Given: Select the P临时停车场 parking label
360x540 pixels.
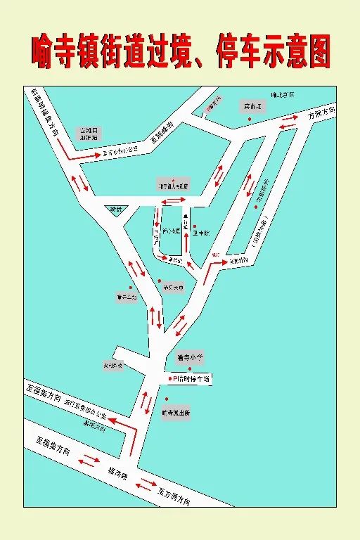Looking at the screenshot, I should click(191, 378).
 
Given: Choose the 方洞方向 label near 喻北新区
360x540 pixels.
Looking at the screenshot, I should click(322, 113).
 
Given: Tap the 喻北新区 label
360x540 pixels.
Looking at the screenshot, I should click(281, 94).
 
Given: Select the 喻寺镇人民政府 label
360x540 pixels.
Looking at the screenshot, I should click(173, 186).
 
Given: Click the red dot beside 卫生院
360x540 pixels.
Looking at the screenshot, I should click(186, 228).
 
